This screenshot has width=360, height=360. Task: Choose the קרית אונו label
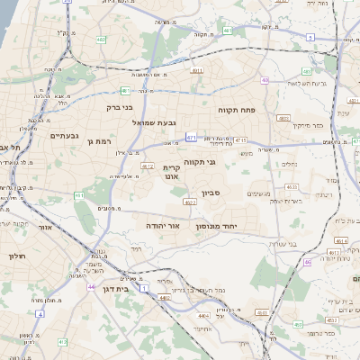(x=173, y=172)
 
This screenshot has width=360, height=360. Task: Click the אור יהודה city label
(x=162, y=225)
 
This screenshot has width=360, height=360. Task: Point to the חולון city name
(x=18, y=256)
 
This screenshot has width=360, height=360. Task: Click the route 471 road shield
(x=192, y=137)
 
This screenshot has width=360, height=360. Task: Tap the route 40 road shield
(x=265, y=80)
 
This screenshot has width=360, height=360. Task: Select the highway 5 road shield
(x=310, y=37)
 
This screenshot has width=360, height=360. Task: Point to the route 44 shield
(x=92, y=286)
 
